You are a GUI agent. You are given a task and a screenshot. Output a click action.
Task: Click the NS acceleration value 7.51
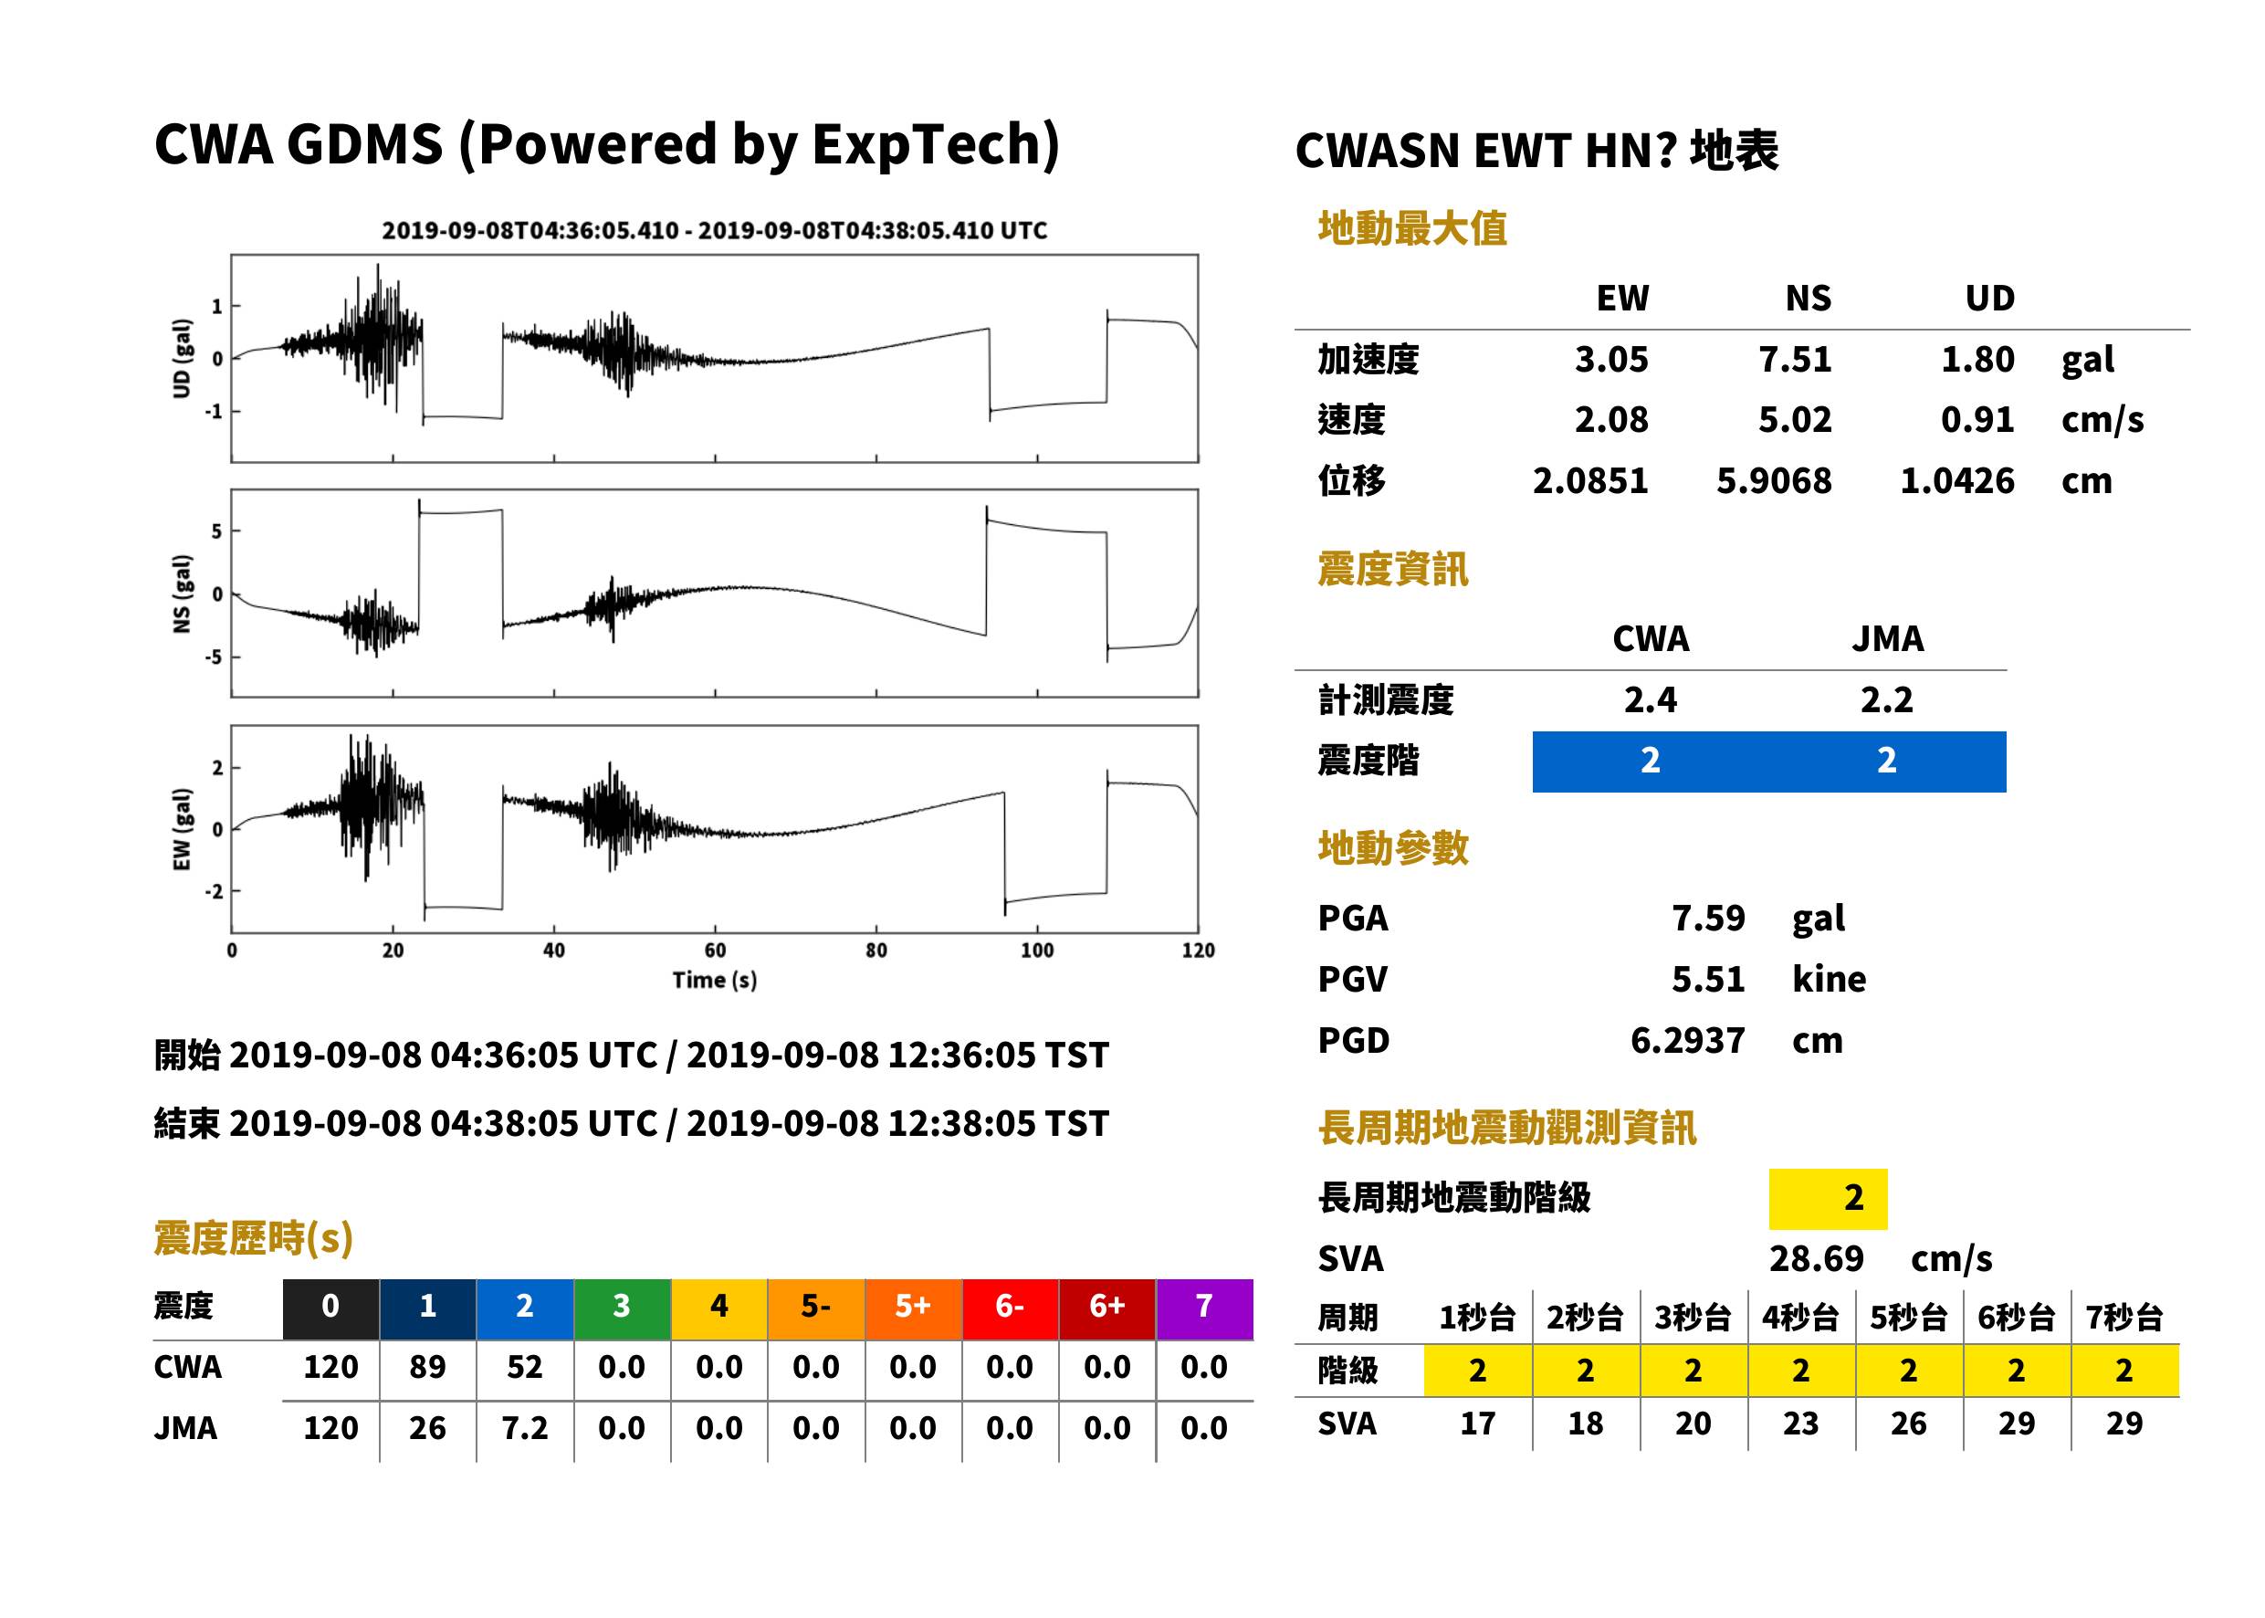[x=1794, y=360]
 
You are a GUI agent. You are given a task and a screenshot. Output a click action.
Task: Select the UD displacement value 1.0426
[x=1956, y=481]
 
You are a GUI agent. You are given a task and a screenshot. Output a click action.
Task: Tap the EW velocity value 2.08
[x=1610, y=420]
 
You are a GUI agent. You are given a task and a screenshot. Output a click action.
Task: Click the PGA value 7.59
[x=1707, y=919]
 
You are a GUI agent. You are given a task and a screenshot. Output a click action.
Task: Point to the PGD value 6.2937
[x=1687, y=1041]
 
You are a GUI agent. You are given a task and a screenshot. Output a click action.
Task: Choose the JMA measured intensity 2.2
[x=1886, y=700]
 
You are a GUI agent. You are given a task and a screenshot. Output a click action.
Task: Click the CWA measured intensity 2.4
[x=1651, y=700]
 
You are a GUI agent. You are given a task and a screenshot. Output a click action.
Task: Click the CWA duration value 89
[x=427, y=1368]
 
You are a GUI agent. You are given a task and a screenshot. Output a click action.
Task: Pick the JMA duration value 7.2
[x=524, y=1429]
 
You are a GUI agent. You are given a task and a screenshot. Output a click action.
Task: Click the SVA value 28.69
[x=1816, y=1259]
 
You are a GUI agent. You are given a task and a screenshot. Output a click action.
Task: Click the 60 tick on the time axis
[x=715, y=951]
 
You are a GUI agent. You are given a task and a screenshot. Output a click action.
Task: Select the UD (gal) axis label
[x=182, y=359]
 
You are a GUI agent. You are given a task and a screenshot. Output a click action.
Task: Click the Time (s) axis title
[x=714, y=981]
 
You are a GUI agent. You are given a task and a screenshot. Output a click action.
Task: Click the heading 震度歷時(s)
[x=253, y=1238]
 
